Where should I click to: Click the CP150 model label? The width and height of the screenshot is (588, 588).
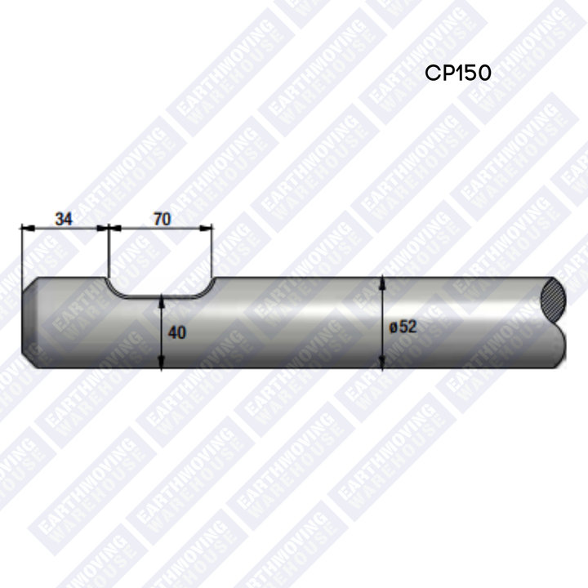(458, 73)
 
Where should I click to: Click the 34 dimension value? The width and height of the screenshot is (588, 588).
(64, 219)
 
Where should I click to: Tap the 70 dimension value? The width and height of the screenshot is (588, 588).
(162, 219)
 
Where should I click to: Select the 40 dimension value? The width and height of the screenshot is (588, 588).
(177, 332)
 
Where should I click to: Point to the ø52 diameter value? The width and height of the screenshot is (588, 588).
(403, 327)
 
